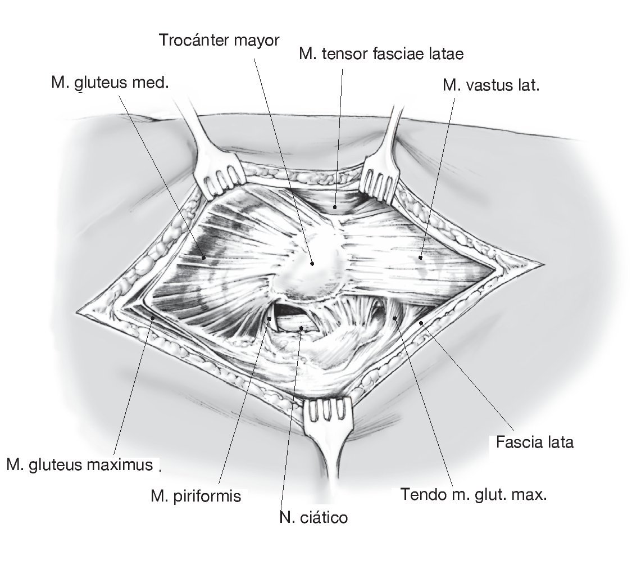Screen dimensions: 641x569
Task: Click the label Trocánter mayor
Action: [x=219, y=41]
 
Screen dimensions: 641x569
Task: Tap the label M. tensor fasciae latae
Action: [x=381, y=54]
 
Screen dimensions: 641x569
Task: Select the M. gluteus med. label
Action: [x=110, y=83]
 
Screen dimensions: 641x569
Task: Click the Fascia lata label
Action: [x=534, y=442]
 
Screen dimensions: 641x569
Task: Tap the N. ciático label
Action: [x=313, y=517]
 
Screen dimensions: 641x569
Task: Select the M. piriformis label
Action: [x=196, y=496]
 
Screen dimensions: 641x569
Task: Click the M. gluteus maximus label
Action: [x=80, y=465]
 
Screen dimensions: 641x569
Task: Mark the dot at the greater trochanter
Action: [x=312, y=263]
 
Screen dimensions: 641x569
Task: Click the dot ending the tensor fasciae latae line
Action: [x=335, y=206]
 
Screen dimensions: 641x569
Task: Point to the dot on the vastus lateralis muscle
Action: [x=420, y=258]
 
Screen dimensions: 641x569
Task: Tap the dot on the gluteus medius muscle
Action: [x=204, y=258]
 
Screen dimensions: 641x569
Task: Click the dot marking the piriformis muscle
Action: [x=270, y=319]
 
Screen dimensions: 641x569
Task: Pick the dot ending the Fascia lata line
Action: [x=421, y=323]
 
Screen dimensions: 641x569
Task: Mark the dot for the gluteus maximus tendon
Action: [x=395, y=318]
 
